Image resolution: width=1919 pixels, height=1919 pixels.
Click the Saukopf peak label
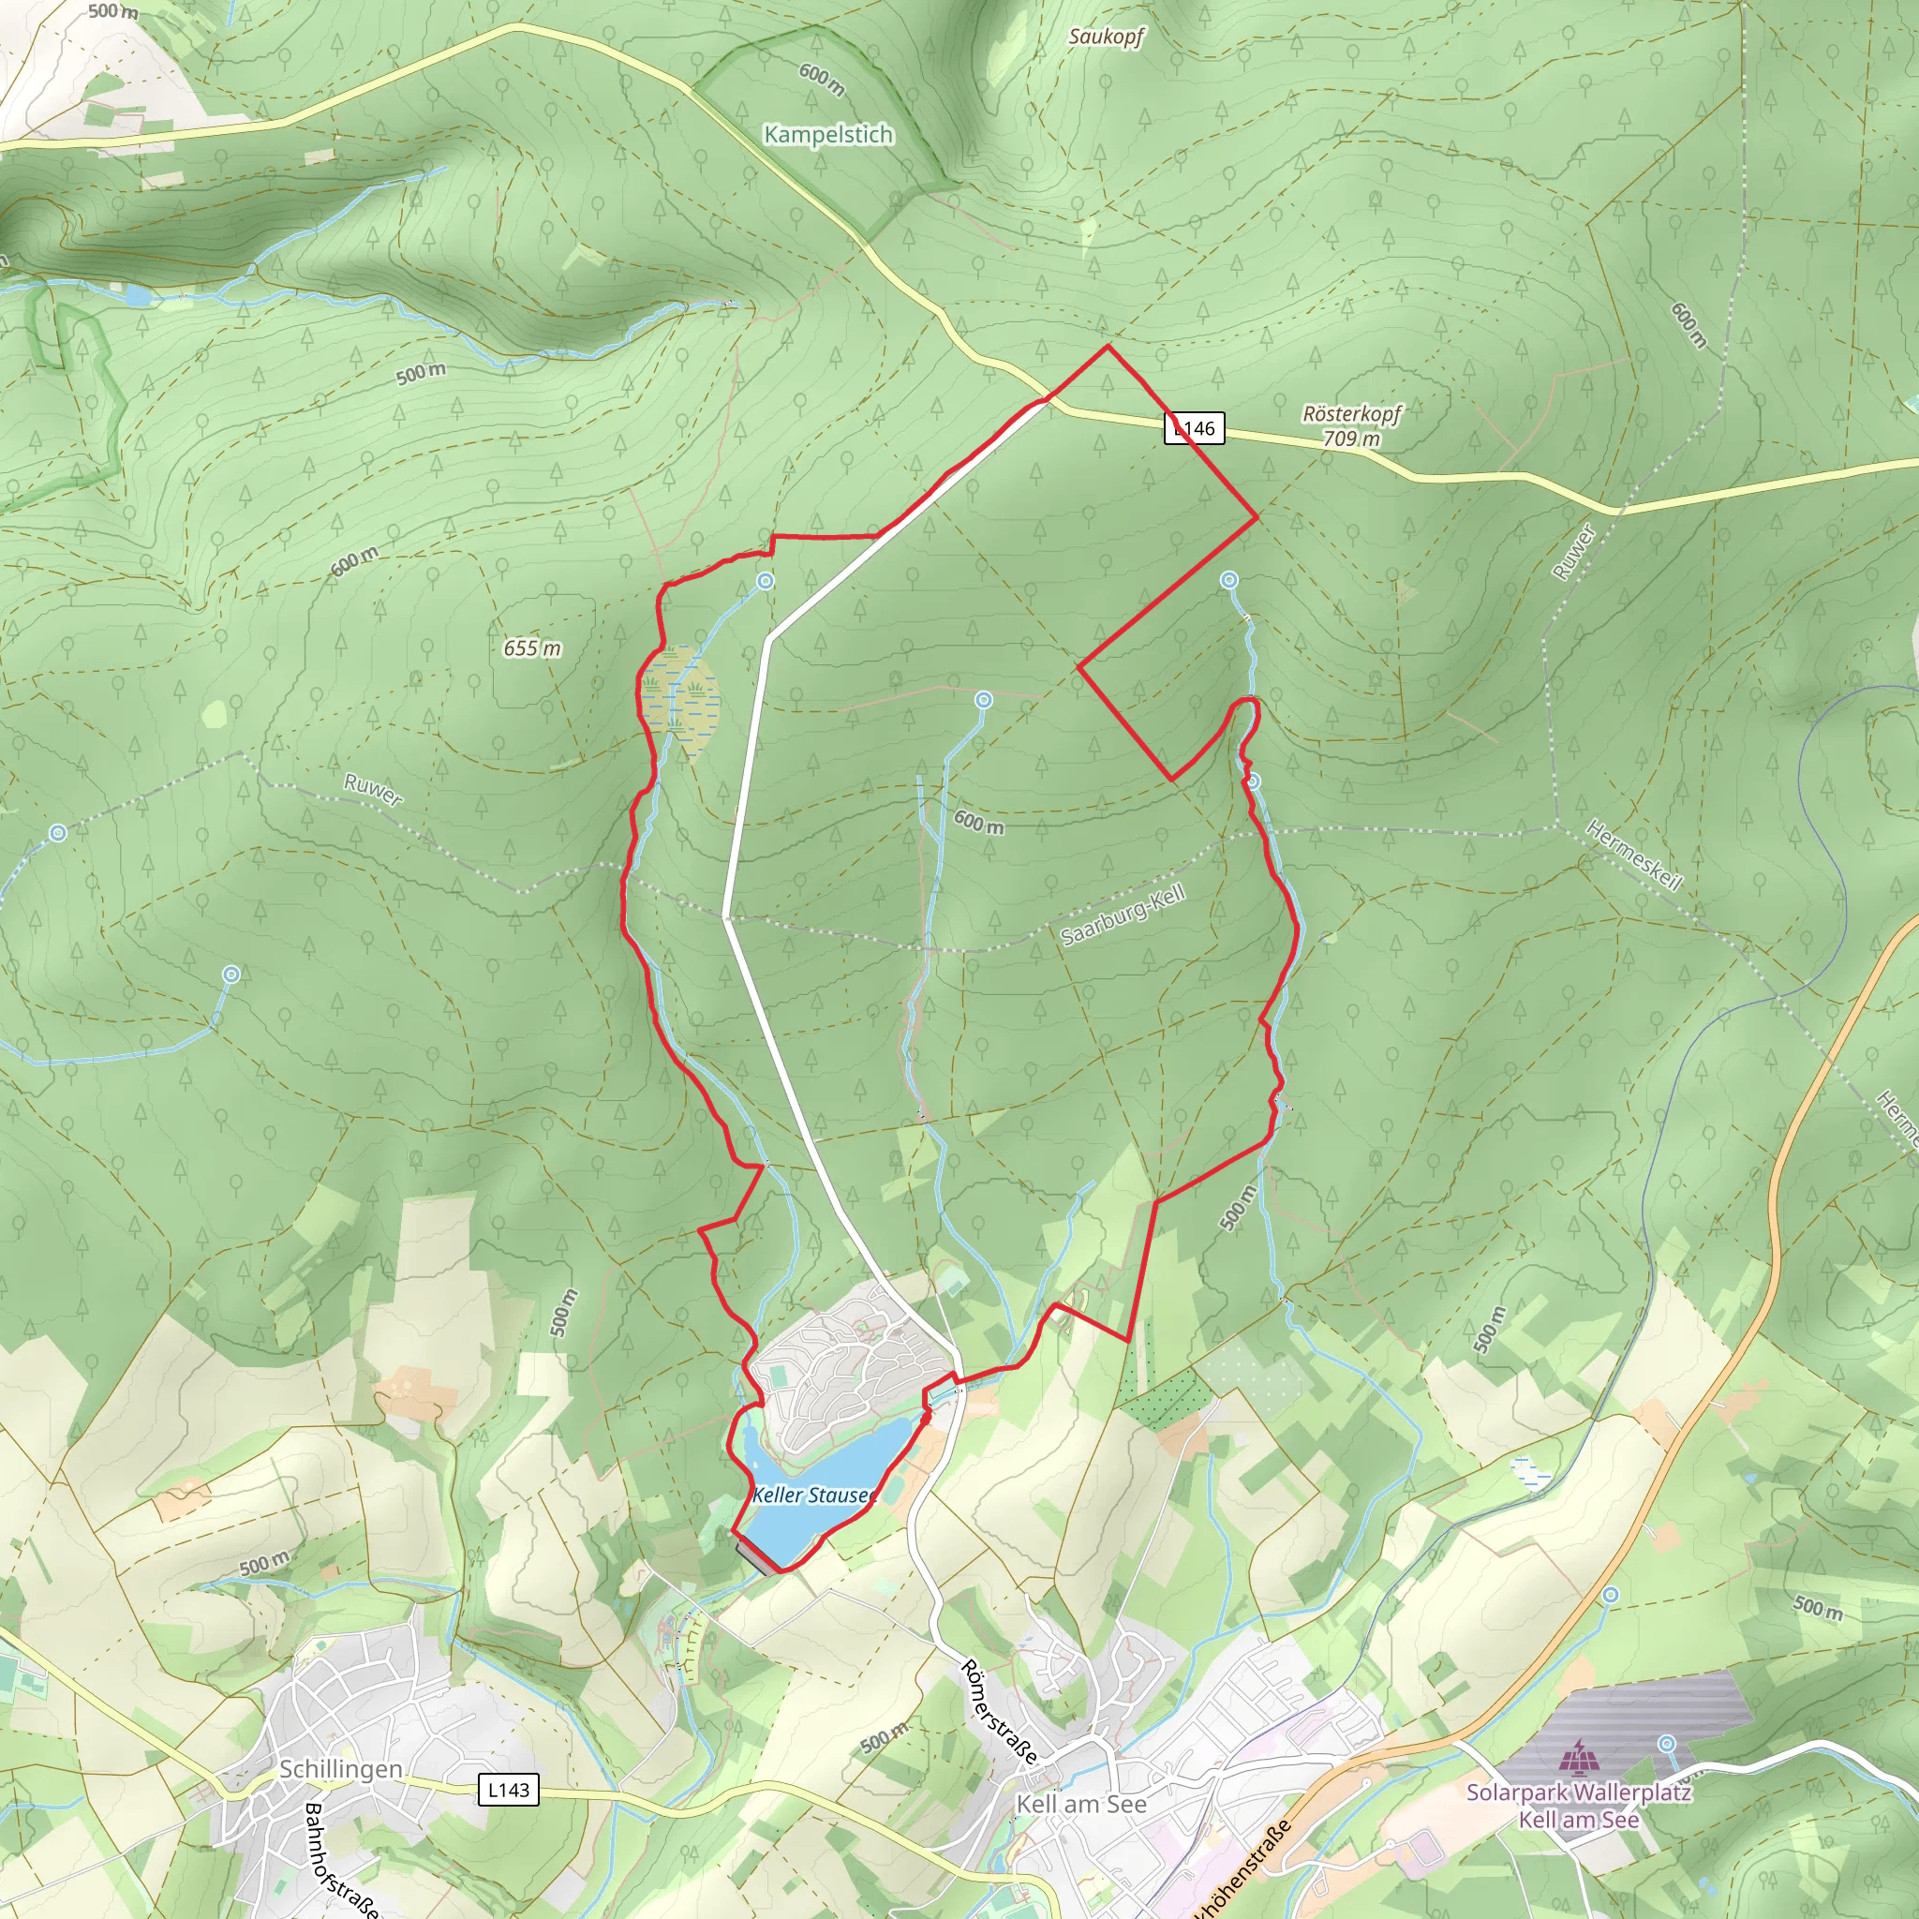1106,37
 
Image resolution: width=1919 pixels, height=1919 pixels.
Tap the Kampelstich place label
827,134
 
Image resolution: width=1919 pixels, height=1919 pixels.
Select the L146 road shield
1194,428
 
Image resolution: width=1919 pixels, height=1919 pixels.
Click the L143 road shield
509,1790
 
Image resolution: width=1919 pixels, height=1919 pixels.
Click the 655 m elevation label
531,648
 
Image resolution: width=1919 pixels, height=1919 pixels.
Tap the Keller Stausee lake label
812,1495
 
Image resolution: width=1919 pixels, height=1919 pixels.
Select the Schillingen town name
341,1769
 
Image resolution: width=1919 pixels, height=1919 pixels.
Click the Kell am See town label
1080,1804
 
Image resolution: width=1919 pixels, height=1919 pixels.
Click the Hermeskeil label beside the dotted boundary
1634,855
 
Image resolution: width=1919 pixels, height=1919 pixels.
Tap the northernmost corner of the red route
1108,347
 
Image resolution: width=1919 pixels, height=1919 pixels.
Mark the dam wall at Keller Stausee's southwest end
756,1556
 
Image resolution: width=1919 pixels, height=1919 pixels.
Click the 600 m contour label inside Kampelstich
822,80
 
